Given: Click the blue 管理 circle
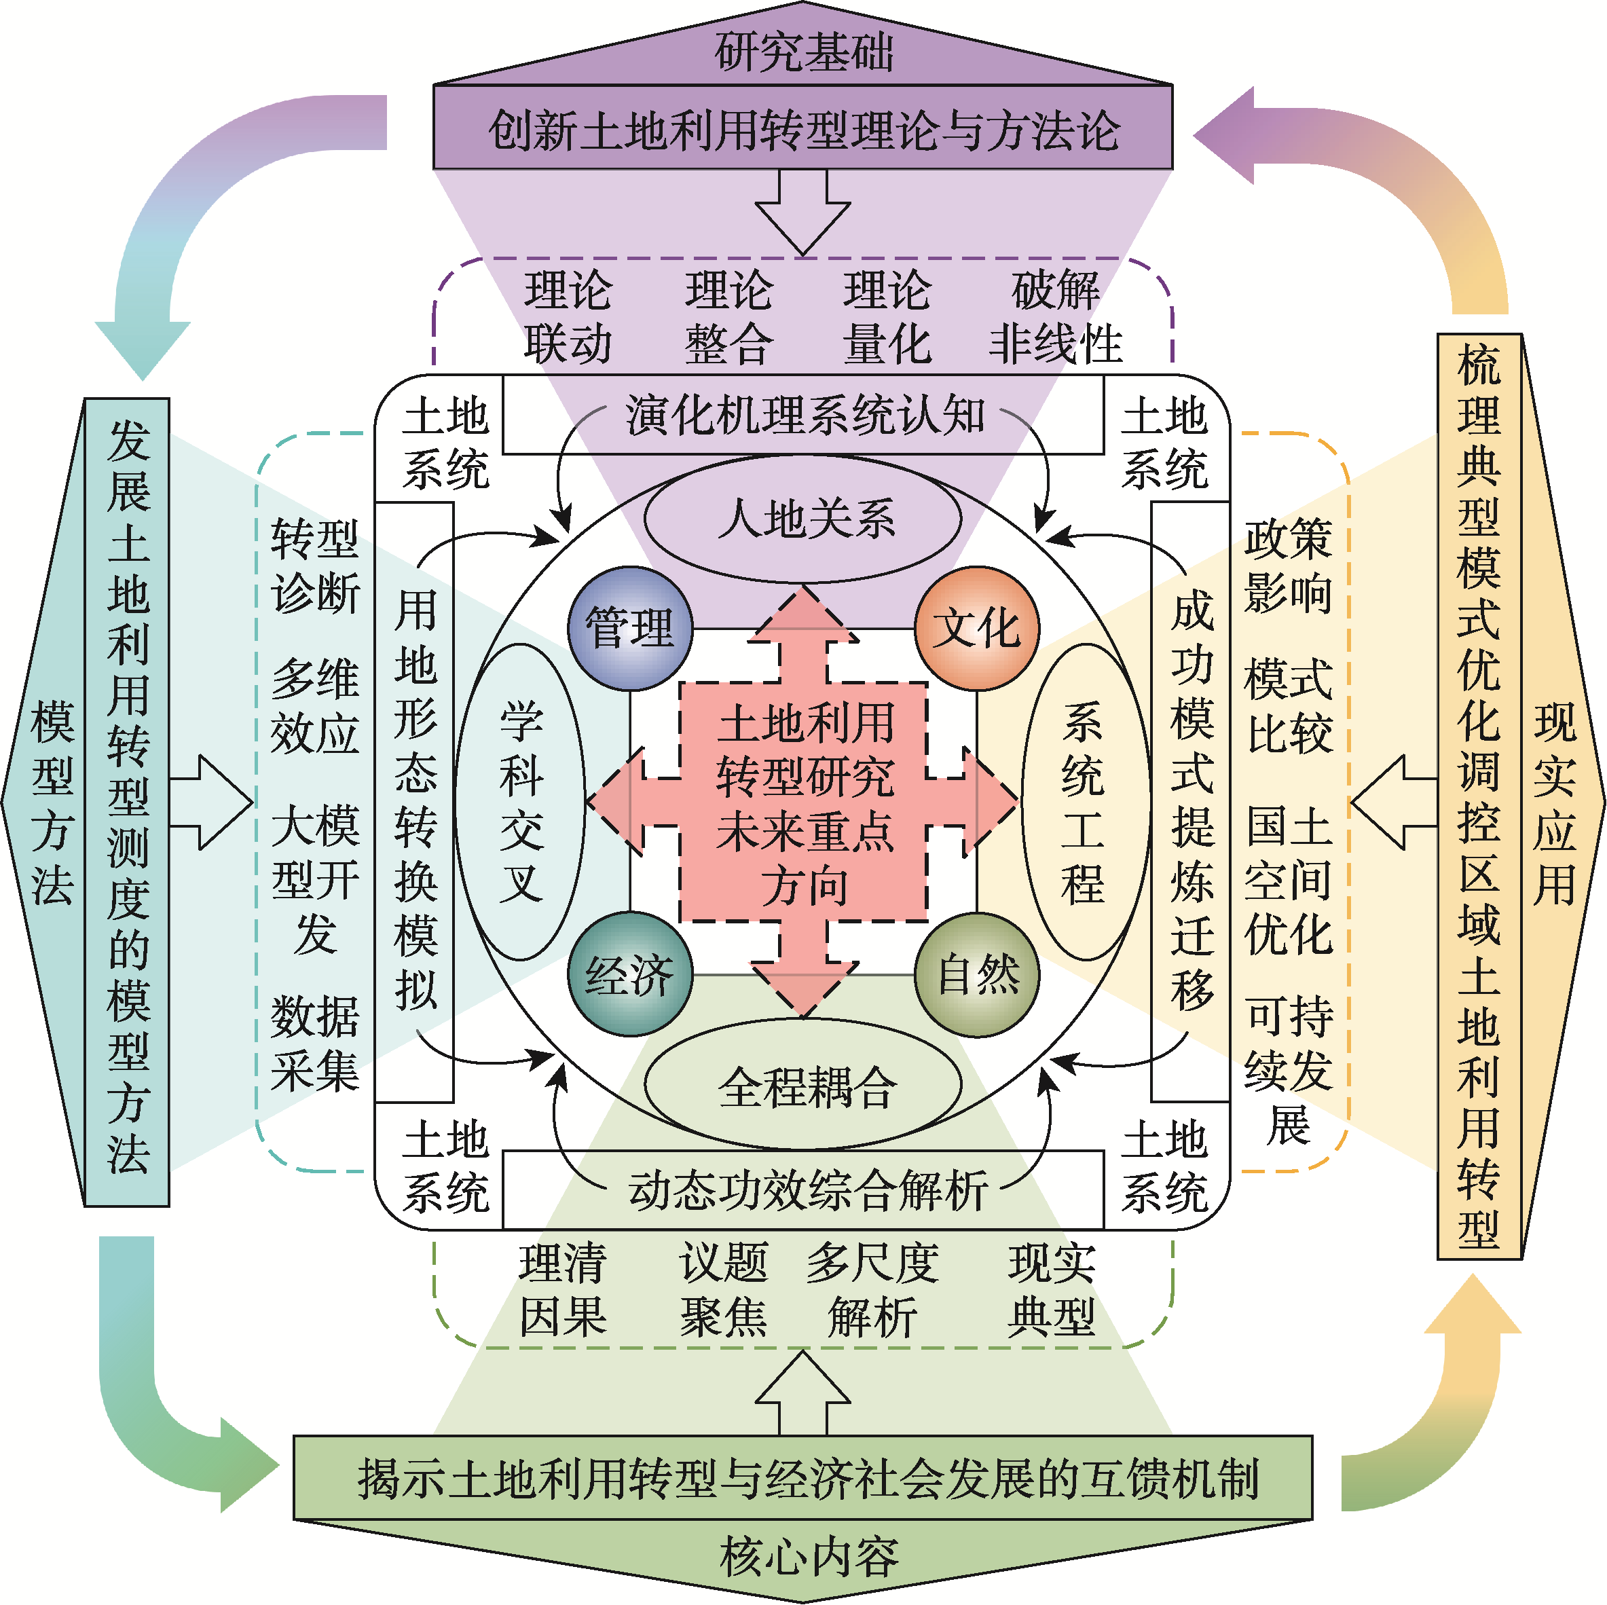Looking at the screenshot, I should pos(629,628).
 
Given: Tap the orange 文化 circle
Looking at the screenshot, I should pos(976,628).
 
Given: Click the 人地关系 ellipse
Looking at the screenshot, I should pos(804,519).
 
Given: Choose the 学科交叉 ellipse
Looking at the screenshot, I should pos(521,802).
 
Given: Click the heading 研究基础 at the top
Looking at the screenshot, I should pos(804,52).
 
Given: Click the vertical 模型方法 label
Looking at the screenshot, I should pos(52,802).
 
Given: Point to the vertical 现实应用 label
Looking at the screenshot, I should pos(1554,802).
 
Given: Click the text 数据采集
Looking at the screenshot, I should pos(314,1043).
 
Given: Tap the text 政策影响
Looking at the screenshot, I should pos(1288,566).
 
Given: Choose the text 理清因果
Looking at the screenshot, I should pos(563,1290).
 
